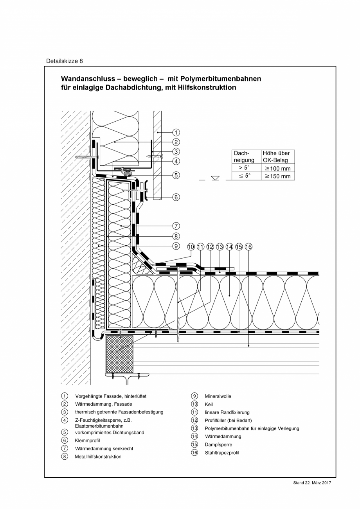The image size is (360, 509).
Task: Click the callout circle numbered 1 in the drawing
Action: pyautogui.click(x=176, y=133)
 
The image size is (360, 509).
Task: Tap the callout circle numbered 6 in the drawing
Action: pyautogui.click(x=176, y=197)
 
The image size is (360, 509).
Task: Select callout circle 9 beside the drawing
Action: pyautogui.click(x=176, y=246)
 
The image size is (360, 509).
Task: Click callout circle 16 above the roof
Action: pyautogui.click(x=249, y=247)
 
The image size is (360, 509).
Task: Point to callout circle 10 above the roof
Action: pyautogui.click(x=191, y=247)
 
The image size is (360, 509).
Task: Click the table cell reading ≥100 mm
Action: pyautogui.click(x=278, y=168)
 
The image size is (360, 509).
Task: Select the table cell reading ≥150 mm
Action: pyautogui.click(x=278, y=176)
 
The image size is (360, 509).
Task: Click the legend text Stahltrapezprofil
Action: pyautogui.click(x=222, y=453)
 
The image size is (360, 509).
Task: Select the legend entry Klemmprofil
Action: pyautogui.click(x=85, y=441)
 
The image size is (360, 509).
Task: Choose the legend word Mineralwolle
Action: pyautogui.click(x=218, y=396)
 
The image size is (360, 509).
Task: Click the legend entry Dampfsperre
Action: pyautogui.click(x=218, y=444)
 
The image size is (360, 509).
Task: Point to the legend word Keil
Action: pyautogui.click(x=209, y=404)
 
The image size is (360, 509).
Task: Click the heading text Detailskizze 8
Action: pyautogui.click(x=65, y=61)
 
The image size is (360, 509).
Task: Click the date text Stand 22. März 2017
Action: pyautogui.click(x=312, y=483)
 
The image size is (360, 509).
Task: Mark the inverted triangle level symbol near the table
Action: pyautogui.click(x=215, y=178)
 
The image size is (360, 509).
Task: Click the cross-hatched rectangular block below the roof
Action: pyautogui.click(x=120, y=354)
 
